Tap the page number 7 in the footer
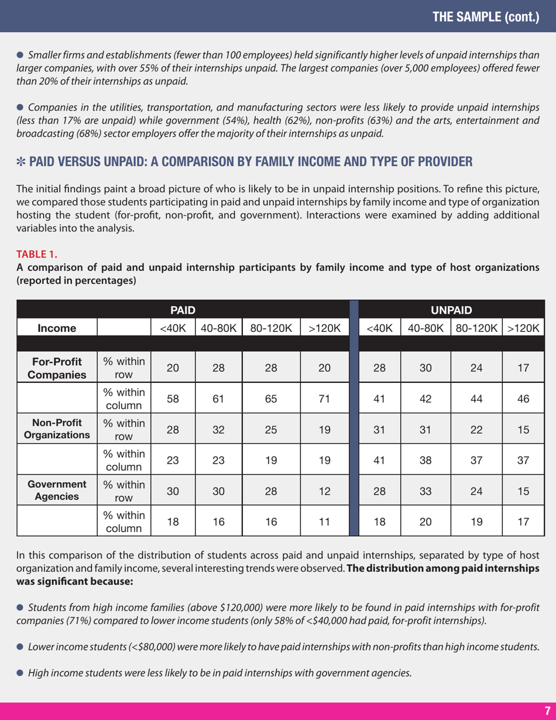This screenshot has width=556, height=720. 547,710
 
